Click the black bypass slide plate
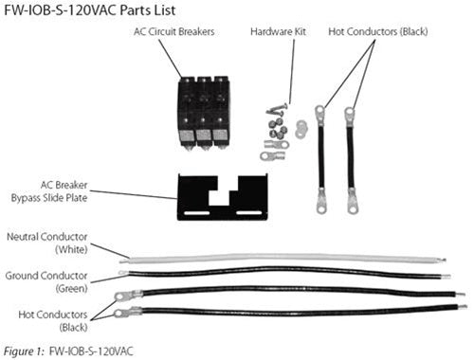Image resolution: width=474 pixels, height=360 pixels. click(222, 196)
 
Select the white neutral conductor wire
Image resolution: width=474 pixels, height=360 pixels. click(284, 258)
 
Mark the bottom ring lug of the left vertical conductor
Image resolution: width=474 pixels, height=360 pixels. click(319, 199)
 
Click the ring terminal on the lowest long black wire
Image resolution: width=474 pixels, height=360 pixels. click(121, 311)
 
